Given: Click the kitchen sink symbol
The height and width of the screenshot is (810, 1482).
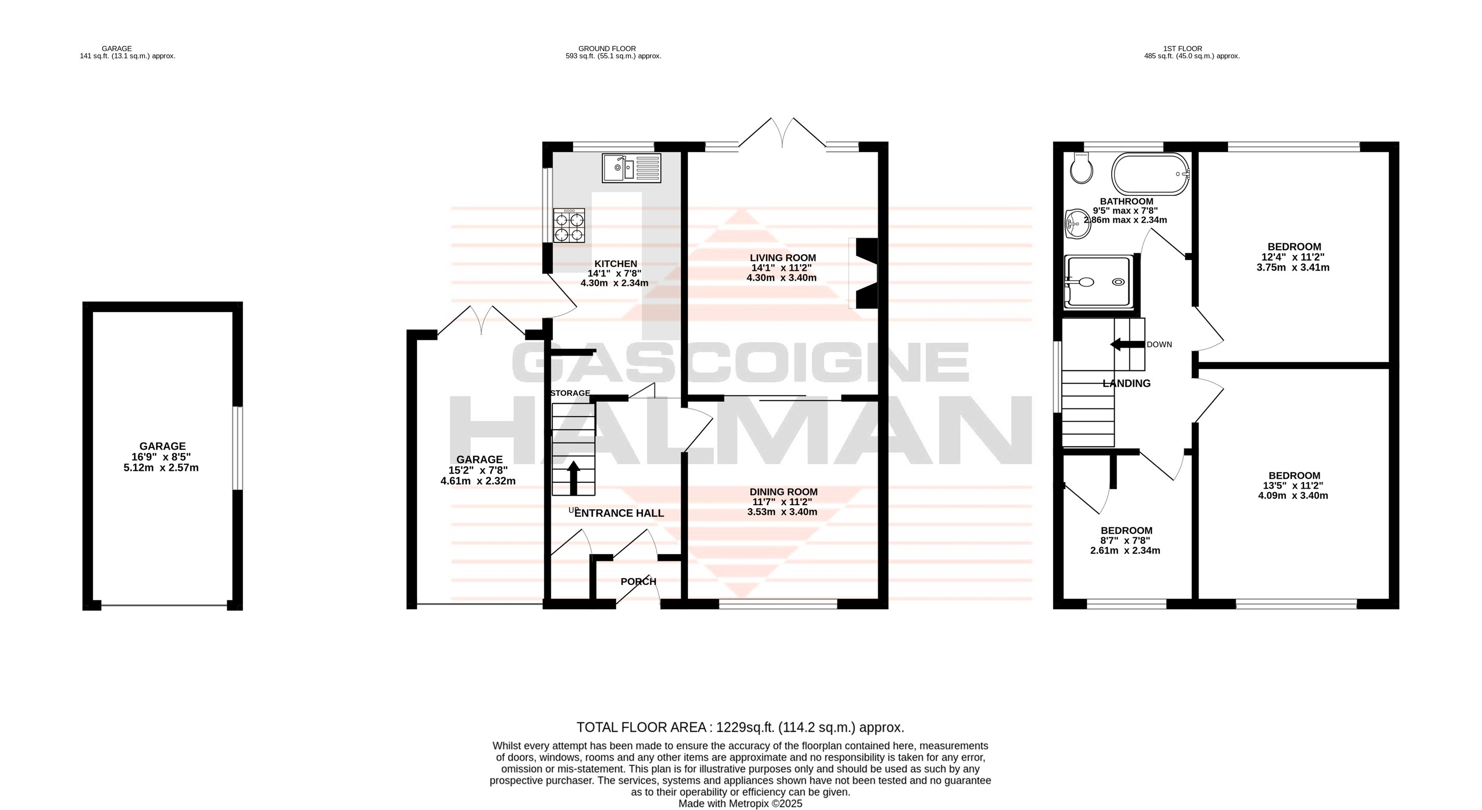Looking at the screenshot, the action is pyautogui.click(x=631, y=168).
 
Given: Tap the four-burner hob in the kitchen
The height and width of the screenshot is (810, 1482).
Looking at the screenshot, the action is pyautogui.click(x=569, y=225).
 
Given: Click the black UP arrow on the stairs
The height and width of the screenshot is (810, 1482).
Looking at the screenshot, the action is pyautogui.click(x=573, y=477).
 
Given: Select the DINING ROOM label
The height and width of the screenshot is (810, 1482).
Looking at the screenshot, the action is pyautogui.click(x=783, y=492).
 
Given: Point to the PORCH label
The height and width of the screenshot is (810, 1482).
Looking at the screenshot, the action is pyautogui.click(x=638, y=581).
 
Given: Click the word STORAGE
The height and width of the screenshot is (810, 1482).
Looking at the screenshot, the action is pyautogui.click(x=570, y=393).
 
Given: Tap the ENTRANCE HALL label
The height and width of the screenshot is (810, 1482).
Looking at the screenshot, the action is pyautogui.click(x=619, y=513).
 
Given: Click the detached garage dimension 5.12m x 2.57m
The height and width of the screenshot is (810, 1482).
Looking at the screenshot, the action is pyautogui.click(x=161, y=468).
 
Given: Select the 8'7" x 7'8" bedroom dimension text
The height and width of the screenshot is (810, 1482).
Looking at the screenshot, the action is pyautogui.click(x=1126, y=541).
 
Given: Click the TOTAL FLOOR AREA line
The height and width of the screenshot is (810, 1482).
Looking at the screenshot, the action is pyautogui.click(x=741, y=728).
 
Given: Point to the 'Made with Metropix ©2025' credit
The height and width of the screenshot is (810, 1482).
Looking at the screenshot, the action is pyautogui.click(x=741, y=804).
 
